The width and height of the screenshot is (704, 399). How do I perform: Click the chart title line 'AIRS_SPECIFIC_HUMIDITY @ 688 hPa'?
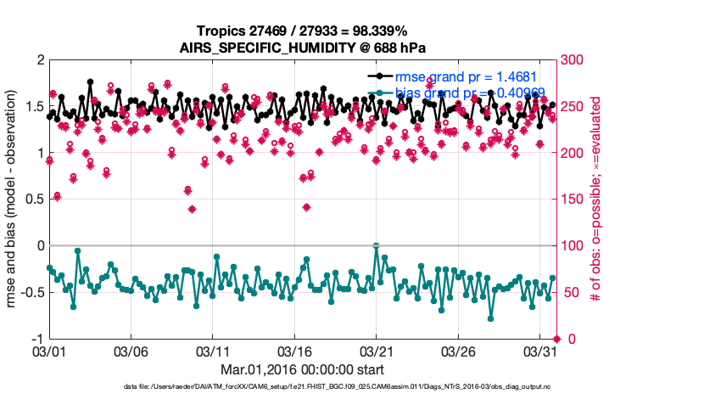[301, 48]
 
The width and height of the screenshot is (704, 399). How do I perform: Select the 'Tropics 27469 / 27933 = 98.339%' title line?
[301, 31]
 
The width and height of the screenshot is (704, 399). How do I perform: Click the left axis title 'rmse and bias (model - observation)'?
[14, 199]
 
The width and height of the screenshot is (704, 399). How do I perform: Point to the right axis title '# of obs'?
[597, 199]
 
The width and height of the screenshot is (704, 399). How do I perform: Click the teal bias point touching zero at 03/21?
[377, 246]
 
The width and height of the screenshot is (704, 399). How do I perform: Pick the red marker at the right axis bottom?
[556, 339]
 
